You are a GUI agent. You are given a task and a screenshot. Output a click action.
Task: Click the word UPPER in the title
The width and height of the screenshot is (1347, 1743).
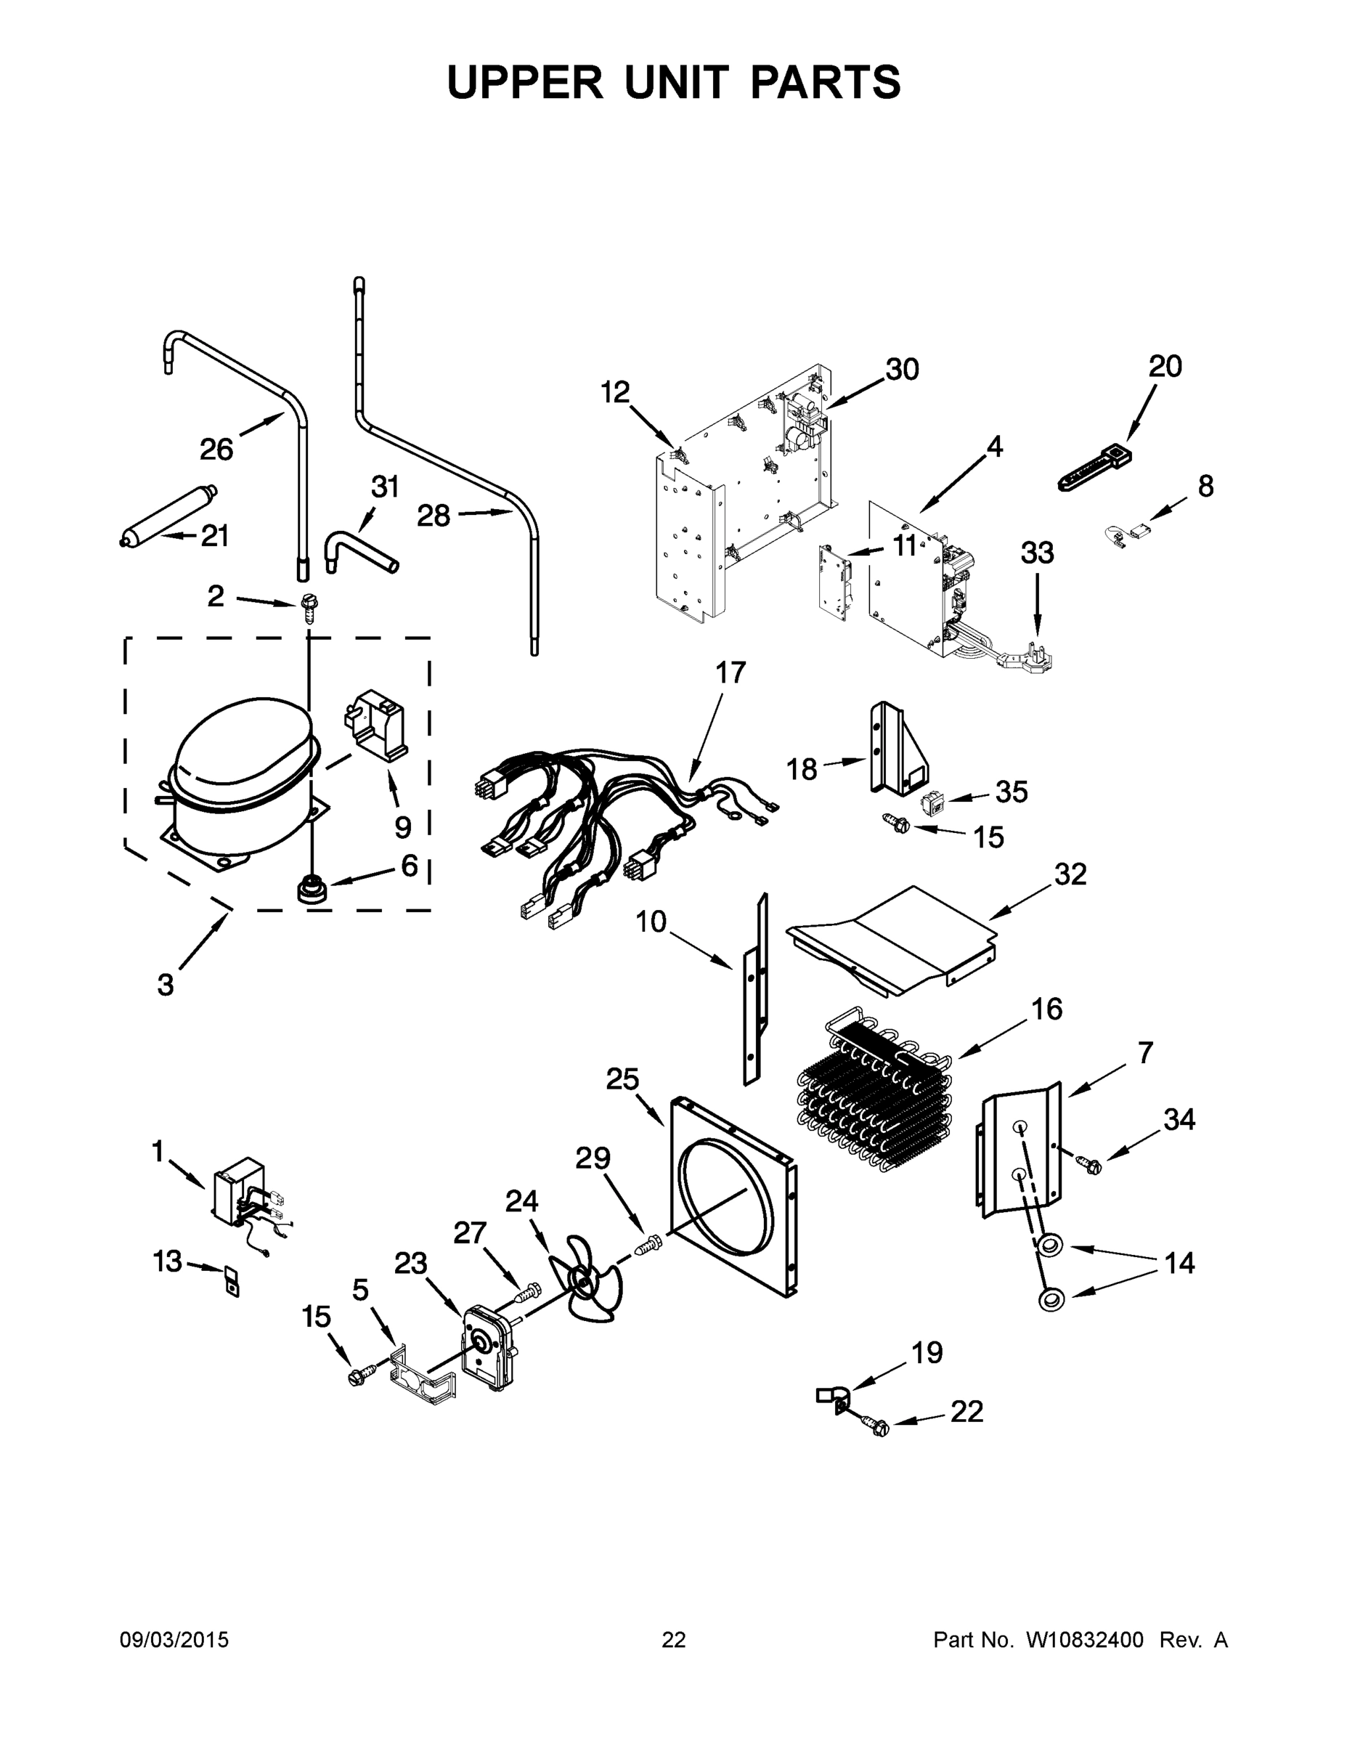tap(525, 82)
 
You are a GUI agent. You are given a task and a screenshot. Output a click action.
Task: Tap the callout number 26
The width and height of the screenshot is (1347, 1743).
tap(216, 450)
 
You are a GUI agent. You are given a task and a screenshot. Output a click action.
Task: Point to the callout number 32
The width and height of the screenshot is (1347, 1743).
tap(1070, 874)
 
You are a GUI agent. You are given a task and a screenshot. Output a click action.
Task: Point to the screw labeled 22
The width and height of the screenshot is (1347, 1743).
tap(876, 1425)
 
